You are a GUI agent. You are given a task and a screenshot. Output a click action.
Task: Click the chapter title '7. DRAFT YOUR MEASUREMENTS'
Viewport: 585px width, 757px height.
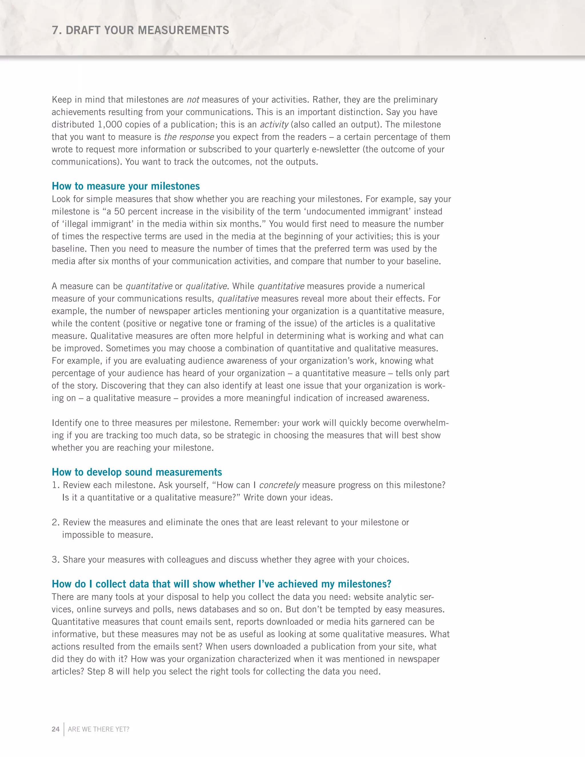coord(140,31)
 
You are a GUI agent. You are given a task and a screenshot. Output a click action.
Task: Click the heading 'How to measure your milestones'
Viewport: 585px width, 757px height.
coord(126,186)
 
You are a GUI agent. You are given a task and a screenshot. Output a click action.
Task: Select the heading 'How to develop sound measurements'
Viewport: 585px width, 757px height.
coord(137,472)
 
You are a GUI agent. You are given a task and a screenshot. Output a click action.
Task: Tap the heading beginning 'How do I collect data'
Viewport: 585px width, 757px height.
coord(221,584)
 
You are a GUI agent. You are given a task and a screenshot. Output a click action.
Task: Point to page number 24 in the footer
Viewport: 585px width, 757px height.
coord(55,729)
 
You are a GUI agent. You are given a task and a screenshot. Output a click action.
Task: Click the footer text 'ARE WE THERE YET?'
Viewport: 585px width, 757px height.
coord(99,729)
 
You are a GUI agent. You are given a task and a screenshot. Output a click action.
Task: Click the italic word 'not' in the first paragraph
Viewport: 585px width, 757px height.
coord(193,100)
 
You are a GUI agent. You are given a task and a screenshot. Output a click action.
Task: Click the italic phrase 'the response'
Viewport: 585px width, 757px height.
coord(189,137)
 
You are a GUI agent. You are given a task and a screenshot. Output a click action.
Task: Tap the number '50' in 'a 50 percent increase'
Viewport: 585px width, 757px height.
coord(120,212)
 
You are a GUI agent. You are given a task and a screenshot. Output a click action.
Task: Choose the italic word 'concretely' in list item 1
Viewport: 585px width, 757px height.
coord(279,485)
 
